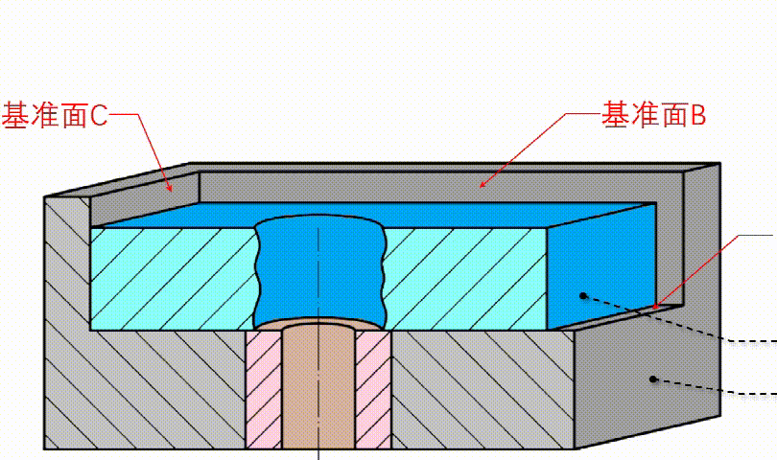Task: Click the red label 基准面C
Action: click(55, 115)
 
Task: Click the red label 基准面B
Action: click(653, 115)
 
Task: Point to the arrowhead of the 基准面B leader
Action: click(482, 185)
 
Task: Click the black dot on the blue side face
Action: click(583, 295)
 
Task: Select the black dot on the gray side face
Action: click(653, 379)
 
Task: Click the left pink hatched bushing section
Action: click(264, 390)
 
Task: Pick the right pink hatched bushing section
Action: click(373, 390)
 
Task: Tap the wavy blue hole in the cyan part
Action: click(320, 271)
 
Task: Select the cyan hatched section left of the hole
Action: click(174, 279)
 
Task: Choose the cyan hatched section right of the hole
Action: click(466, 279)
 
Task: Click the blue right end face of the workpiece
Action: click(602, 266)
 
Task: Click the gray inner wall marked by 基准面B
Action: click(441, 187)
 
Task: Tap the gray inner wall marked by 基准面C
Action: click(145, 198)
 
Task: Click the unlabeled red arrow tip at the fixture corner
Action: click(655, 307)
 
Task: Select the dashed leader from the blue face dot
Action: click(680, 319)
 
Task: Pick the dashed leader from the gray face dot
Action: click(715, 388)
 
